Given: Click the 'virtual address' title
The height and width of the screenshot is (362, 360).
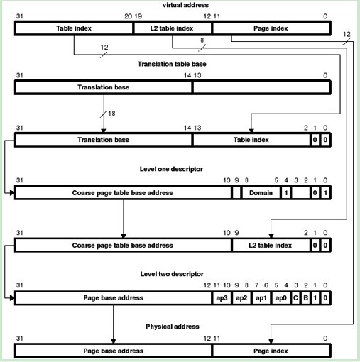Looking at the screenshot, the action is [x=185, y=5].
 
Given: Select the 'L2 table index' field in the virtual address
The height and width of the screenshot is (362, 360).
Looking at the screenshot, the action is [x=172, y=28].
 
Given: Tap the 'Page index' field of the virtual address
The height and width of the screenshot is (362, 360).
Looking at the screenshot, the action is [x=271, y=28].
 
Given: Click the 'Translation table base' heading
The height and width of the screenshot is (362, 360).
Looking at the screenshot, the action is [x=172, y=64].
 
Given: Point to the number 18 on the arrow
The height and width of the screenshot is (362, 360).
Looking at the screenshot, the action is [x=111, y=114].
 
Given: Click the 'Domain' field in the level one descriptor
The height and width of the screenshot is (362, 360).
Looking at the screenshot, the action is [x=261, y=193].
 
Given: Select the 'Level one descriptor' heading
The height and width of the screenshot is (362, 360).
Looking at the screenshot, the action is [x=171, y=169].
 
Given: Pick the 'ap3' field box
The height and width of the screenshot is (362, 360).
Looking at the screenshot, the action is [x=222, y=298].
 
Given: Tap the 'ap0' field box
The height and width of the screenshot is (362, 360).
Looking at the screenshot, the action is [x=281, y=298].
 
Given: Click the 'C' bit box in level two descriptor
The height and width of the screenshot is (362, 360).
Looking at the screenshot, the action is [x=296, y=298].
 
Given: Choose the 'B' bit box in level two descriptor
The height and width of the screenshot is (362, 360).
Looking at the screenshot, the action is [x=306, y=298].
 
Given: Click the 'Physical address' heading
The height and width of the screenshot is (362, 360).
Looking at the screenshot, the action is [x=173, y=327].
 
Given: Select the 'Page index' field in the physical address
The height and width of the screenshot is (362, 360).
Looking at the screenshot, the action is [x=271, y=351].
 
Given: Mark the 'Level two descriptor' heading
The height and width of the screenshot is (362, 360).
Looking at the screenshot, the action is [x=172, y=274].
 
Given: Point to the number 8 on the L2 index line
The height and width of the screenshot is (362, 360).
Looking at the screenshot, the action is [x=202, y=40].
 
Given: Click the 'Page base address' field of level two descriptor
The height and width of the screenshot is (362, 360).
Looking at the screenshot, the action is [x=114, y=298].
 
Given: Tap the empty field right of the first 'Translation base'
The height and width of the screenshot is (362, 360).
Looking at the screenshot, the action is [x=261, y=87].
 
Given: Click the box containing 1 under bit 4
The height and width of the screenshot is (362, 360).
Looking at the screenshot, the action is [x=286, y=193].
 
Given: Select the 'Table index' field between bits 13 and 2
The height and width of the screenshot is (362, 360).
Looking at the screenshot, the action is [x=251, y=140].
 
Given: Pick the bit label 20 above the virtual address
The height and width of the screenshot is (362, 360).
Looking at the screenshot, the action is [x=128, y=16].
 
